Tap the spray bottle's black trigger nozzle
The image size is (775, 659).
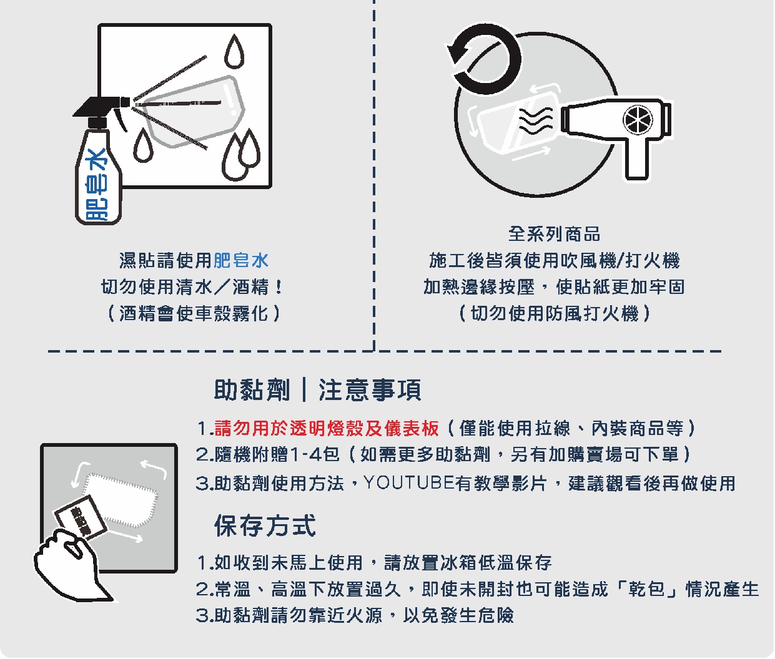[x=100, y=106]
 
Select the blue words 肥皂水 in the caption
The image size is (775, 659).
[x=241, y=260]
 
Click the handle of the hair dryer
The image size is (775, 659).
[x=637, y=159]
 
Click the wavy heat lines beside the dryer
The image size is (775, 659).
[x=536, y=120]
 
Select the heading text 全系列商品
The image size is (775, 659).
[x=554, y=234]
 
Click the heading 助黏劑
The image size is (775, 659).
[x=252, y=390]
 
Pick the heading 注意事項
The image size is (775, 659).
[x=370, y=390]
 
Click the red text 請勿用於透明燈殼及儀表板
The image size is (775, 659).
[x=327, y=429]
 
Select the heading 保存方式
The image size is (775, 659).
[x=265, y=525]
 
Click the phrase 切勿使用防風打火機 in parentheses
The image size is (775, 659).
[x=555, y=313]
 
